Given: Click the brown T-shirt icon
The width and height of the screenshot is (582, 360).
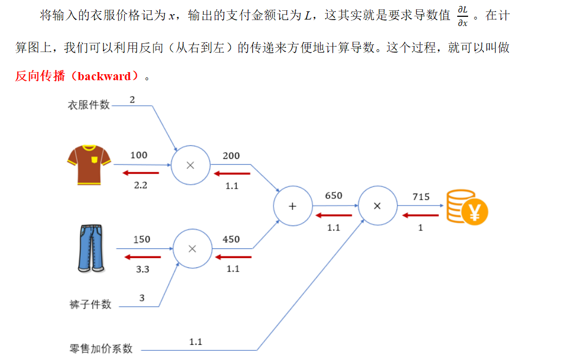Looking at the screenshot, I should (x=89, y=165).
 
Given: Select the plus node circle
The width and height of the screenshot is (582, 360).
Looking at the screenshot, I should (x=293, y=206).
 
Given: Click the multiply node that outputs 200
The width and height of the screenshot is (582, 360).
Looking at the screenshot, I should (x=190, y=165).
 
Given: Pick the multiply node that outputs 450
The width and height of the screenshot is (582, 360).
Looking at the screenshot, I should (x=192, y=249).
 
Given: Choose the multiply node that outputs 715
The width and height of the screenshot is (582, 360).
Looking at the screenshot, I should (x=378, y=206).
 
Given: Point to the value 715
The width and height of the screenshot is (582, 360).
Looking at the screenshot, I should (x=421, y=197).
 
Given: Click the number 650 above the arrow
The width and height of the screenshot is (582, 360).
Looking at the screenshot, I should (x=334, y=196).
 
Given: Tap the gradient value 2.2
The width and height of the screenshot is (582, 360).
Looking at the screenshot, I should (x=141, y=185).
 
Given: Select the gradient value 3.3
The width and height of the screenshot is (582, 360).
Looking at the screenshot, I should (x=143, y=269).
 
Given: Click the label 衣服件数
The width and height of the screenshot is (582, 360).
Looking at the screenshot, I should (x=88, y=105).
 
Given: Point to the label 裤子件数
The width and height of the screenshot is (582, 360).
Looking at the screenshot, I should (x=91, y=305).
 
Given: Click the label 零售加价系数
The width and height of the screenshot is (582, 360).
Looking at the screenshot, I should (x=101, y=349).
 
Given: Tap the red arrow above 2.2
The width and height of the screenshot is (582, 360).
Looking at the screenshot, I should (x=140, y=173).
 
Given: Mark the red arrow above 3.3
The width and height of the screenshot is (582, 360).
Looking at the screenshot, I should (x=143, y=256).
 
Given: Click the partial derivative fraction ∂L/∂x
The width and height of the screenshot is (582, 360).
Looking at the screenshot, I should (x=462, y=16).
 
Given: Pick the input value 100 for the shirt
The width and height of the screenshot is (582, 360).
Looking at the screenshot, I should (x=139, y=155).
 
